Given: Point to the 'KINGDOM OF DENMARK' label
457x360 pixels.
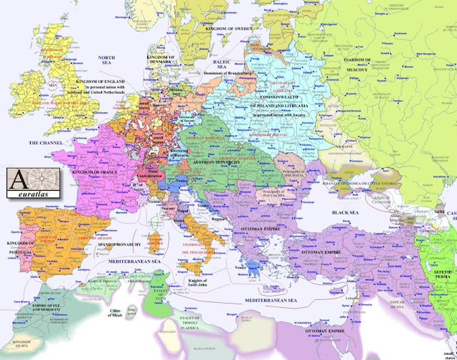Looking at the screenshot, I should click(x=168, y=53).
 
